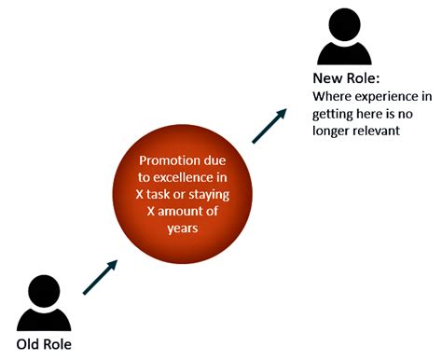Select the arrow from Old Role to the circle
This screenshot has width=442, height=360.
click(101, 278)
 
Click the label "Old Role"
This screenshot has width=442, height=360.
click(43, 342)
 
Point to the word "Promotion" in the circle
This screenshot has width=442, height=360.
click(169, 160)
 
